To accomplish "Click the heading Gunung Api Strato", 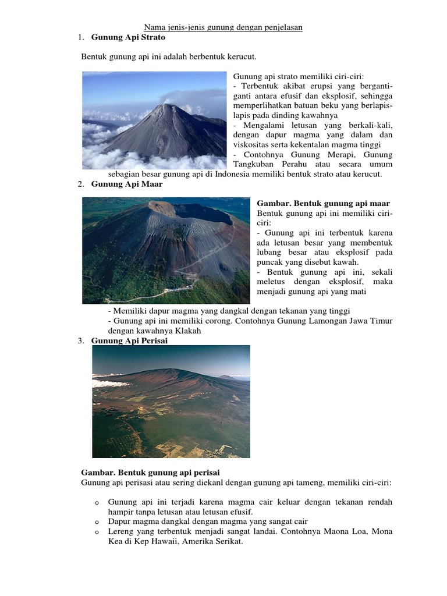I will (x=128, y=37).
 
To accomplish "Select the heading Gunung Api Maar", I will (x=127, y=184).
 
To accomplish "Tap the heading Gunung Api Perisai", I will (x=129, y=340).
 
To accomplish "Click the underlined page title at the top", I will (x=223, y=27).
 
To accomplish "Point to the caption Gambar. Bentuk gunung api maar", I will (x=323, y=203).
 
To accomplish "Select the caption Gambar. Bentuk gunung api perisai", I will (x=150, y=472).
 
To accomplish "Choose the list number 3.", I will (x=80, y=340).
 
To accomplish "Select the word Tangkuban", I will (x=254, y=164).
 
